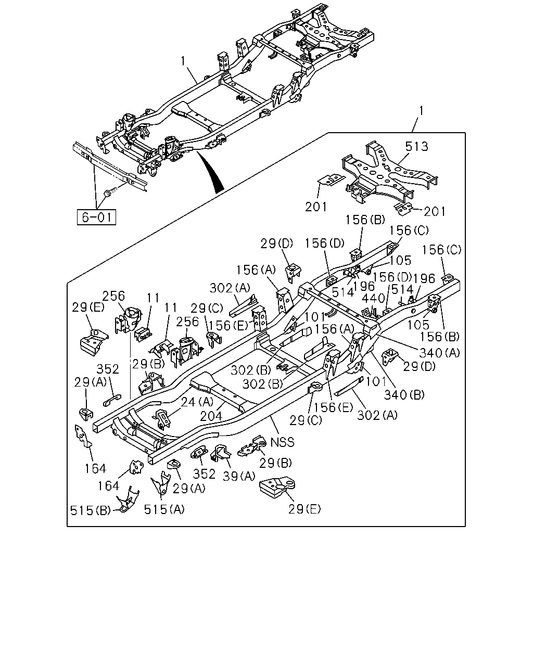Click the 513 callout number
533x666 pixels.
click(x=416, y=146)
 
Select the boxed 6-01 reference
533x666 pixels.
click(x=96, y=217)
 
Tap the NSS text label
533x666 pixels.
click(x=282, y=442)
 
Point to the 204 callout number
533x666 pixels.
click(x=211, y=416)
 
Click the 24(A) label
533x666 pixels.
click(x=197, y=402)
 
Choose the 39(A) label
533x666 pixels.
click(x=239, y=476)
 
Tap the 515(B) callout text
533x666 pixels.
click(x=91, y=510)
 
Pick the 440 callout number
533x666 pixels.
click(x=373, y=299)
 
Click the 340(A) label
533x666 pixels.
click(x=439, y=352)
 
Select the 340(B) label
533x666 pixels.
click(x=404, y=394)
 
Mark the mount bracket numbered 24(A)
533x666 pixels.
click(x=162, y=419)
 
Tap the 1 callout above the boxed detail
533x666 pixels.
click(x=421, y=110)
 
